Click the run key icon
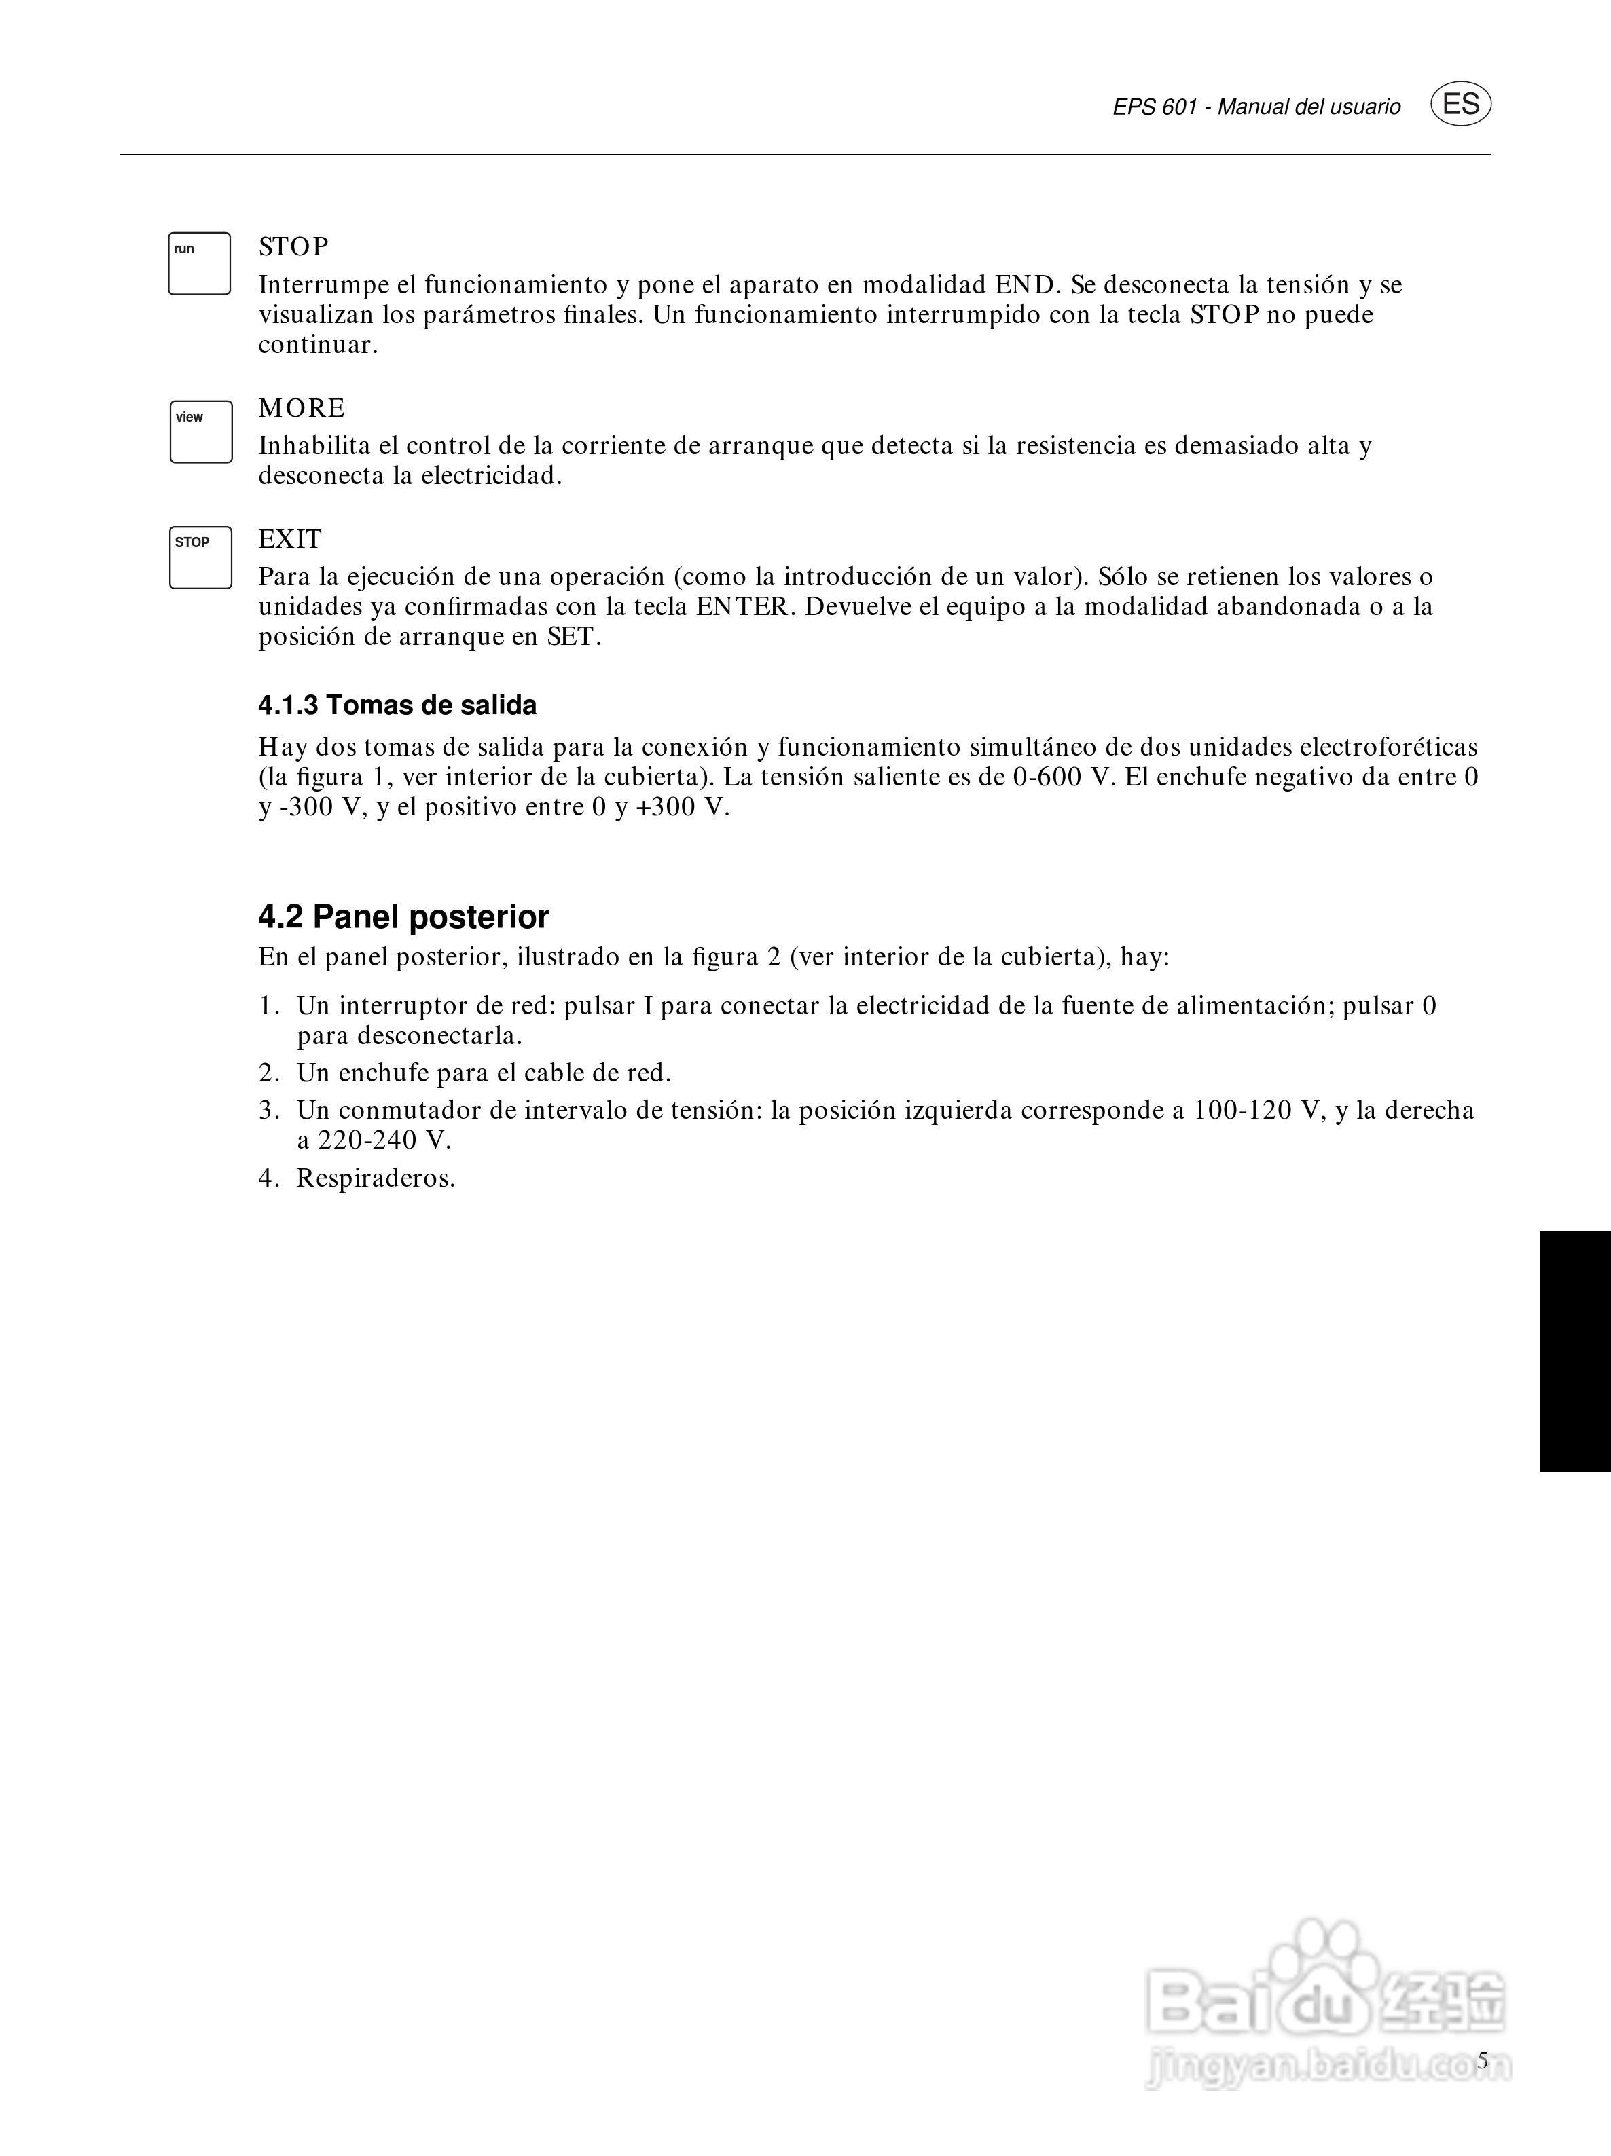[x=199, y=263]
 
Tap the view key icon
[x=201, y=432]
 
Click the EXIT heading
[x=289, y=539]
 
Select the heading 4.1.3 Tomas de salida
[x=397, y=706]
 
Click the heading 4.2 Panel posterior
[x=403, y=917]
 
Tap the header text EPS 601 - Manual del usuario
[x=1256, y=107]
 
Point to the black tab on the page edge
[x=1575, y=1351]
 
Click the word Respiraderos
[x=376, y=1178]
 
